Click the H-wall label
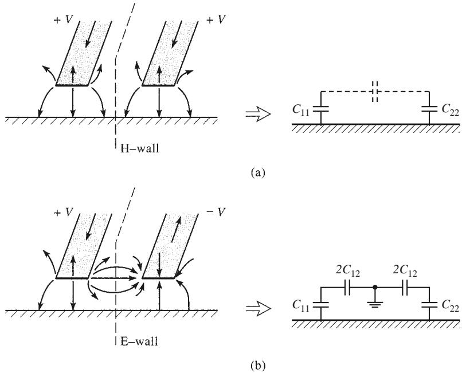tap(140, 148)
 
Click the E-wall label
tap(139, 341)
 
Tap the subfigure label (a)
tap(258, 172)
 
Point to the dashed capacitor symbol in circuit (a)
tap(375, 92)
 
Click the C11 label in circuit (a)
tap(300, 110)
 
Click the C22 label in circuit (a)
tap(450, 110)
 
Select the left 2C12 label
tap(348, 271)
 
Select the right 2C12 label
tap(405, 271)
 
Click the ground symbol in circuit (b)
tap(375, 304)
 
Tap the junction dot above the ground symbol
tap(375, 287)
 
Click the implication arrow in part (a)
tap(258, 115)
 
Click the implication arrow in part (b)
tap(258, 309)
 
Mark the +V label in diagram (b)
tap(64, 213)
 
